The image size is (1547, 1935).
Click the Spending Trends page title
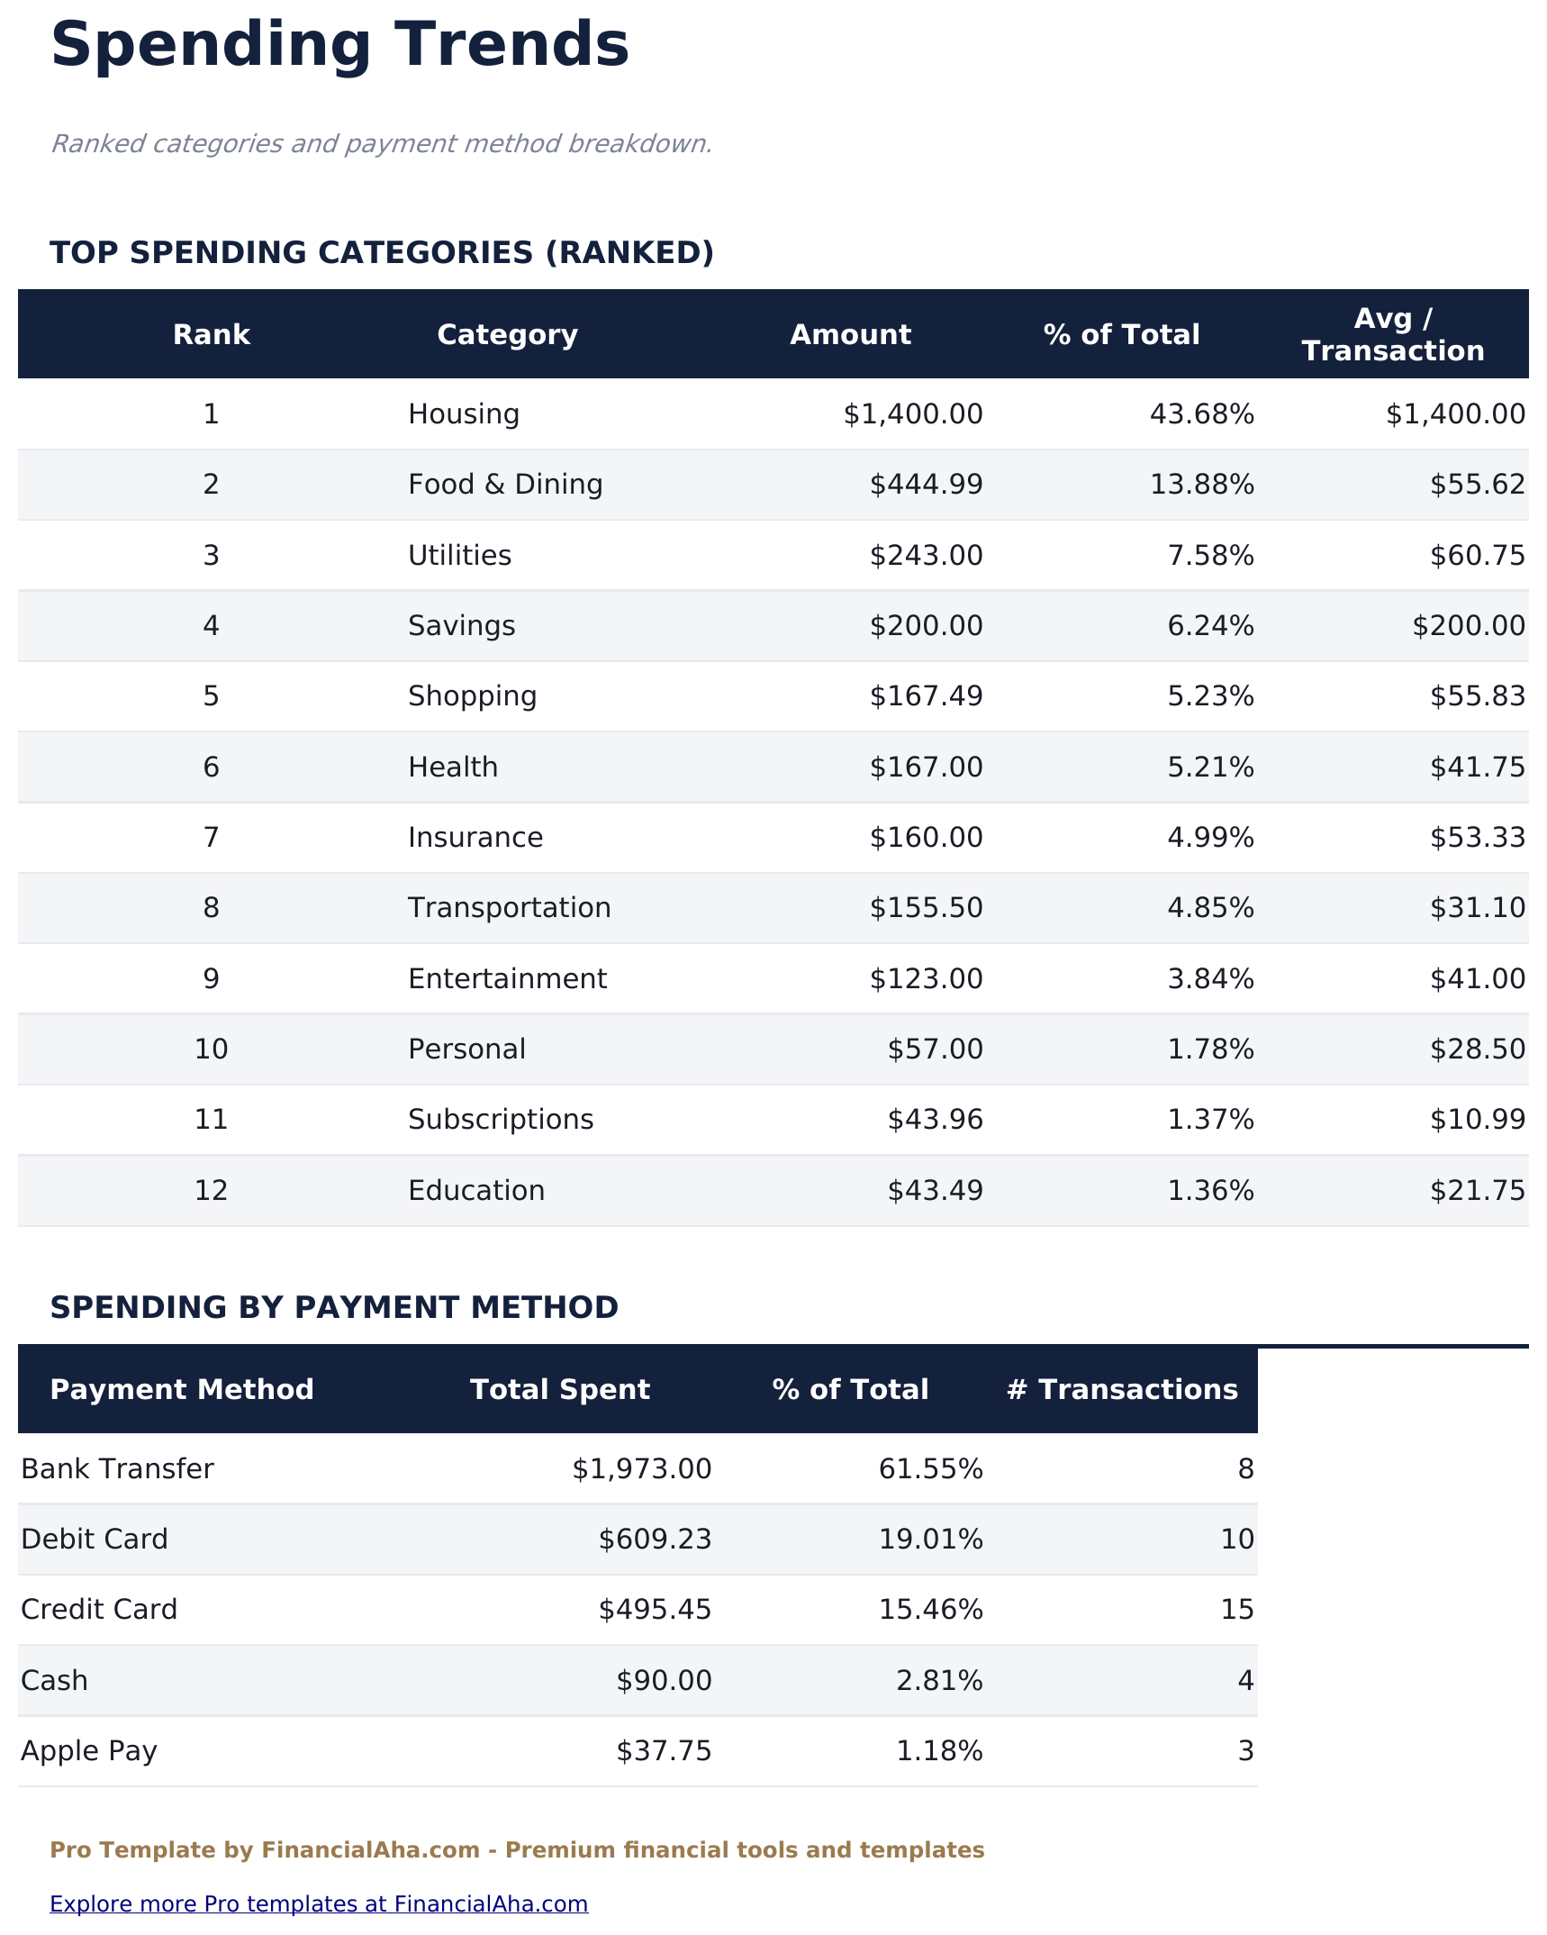(339, 45)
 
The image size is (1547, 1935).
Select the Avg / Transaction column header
(1392, 334)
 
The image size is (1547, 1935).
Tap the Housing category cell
(463, 414)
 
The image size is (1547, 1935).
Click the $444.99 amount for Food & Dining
(926, 485)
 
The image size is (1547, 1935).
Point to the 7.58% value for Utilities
(1210, 556)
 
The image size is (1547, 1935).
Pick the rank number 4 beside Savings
(211, 626)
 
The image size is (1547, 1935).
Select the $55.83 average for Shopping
(1477, 696)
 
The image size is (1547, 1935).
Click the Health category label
(452, 768)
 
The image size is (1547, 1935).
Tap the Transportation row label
(509, 908)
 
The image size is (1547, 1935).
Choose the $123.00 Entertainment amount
(926, 979)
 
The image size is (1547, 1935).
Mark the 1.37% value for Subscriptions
(1210, 1120)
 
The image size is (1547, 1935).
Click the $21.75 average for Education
(1477, 1191)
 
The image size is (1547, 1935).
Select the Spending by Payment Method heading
(334, 1307)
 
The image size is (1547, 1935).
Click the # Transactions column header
(1122, 1389)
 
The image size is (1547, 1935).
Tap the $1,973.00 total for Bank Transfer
(641, 1469)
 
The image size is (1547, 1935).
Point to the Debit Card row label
(95, 1540)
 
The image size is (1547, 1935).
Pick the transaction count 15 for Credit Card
(1236, 1610)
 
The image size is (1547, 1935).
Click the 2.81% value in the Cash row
(939, 1681)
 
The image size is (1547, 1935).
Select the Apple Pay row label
(89, 1751)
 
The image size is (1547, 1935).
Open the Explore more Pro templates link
(319, 1904)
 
